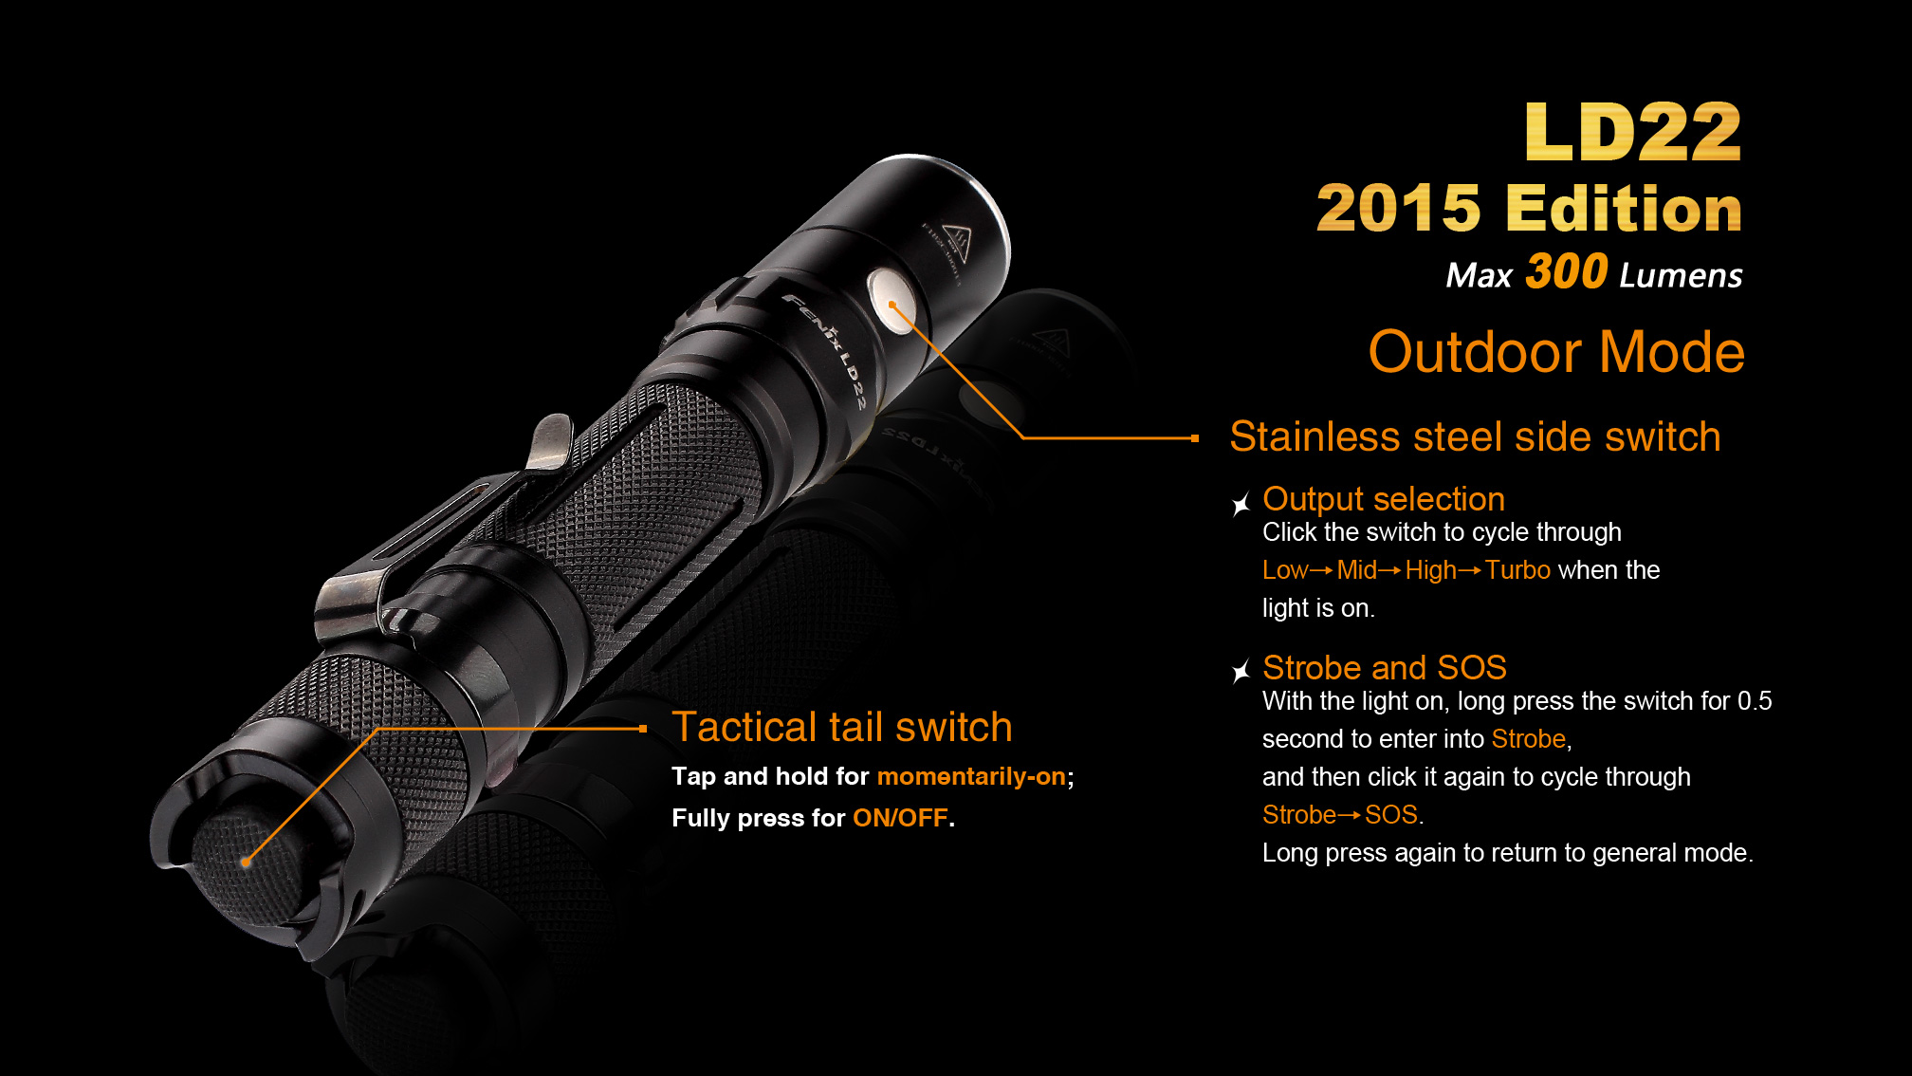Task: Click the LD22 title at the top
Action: [1633, 132]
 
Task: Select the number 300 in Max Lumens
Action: [1566, 271]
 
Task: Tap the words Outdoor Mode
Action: [1556, 352]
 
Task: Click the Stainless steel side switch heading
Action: [1475, 436]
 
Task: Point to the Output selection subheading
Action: [1384, 499]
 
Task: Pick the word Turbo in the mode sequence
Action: [1517, 569]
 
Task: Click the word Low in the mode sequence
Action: [1285, 569]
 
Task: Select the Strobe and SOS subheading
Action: [1385, 668]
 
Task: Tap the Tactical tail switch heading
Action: [842, 727]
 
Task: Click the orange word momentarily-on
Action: [971, 776]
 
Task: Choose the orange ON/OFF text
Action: [900, 818]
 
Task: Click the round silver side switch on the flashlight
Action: [892, 301]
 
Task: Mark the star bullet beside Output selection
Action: [1241, 504]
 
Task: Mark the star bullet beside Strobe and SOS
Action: [1241, 672]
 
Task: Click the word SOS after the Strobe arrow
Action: [1391, 814]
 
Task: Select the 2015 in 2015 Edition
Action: [1398, 209]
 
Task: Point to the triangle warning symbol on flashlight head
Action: [955, 243]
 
